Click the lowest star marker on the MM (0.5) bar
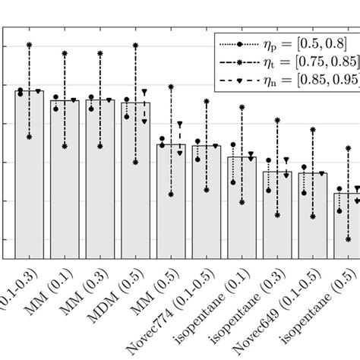pos(171,194)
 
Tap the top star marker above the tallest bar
pos(29,46)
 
